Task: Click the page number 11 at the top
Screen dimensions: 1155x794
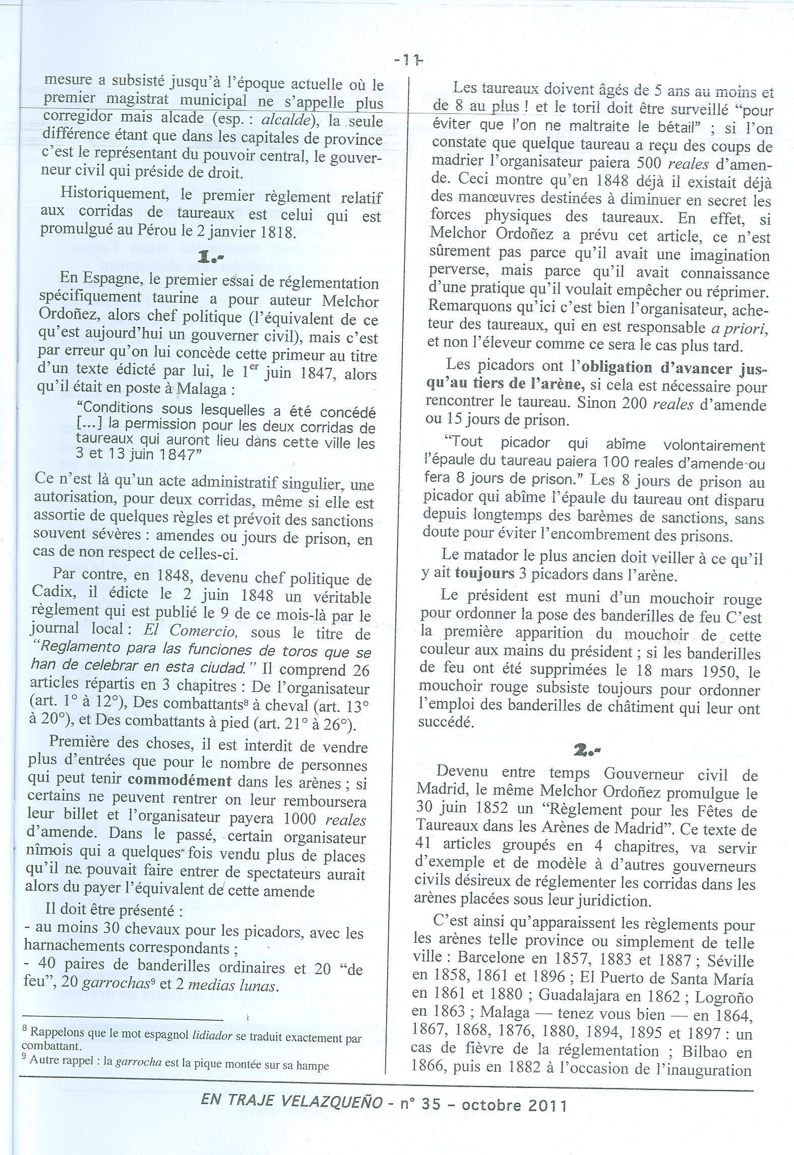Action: pos(407,60)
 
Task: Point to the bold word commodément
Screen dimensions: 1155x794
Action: pos(179,781)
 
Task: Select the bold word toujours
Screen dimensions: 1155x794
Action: pos(484,573)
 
